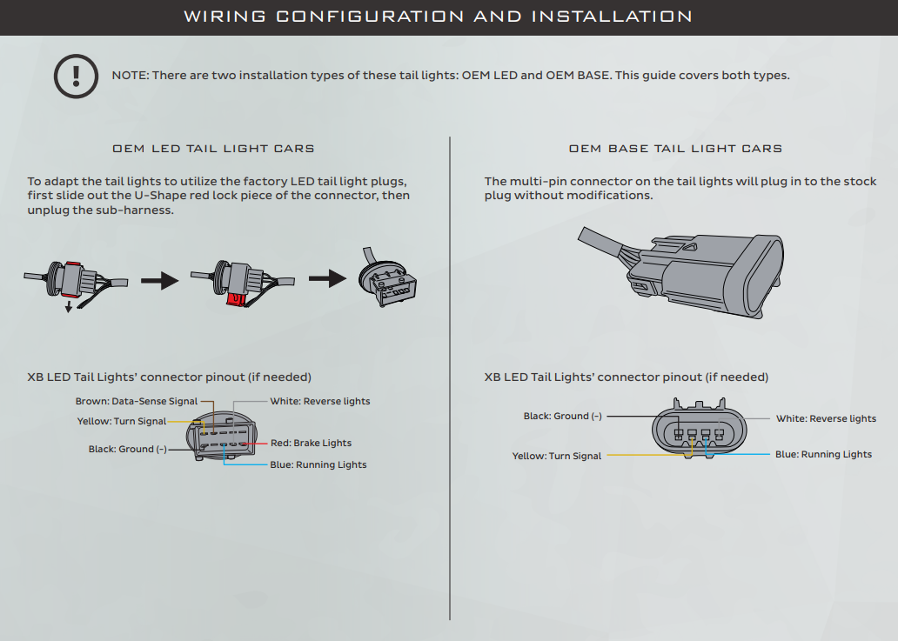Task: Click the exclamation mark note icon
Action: point(76,76)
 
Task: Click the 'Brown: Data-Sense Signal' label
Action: point(137,402)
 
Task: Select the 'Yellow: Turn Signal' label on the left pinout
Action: point(122,422)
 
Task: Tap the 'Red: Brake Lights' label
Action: point(311,444)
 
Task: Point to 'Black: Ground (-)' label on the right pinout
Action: point(562,417)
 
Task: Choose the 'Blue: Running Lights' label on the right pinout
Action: point(823,454)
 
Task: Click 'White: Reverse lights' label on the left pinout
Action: point(319,402)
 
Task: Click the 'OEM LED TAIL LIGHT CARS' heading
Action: point(213,149)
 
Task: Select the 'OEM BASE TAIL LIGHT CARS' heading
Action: point(675,149)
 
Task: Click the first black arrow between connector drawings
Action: point(159,281)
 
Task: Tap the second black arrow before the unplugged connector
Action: point(327,279)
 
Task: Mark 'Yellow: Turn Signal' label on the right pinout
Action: point(556,456)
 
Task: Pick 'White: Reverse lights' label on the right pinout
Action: point(826,418)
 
